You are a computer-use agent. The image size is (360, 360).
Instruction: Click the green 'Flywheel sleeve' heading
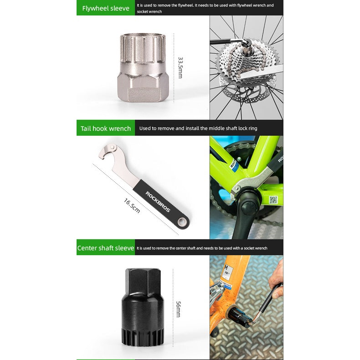106,9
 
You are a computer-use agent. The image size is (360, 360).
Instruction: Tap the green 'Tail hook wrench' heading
106,129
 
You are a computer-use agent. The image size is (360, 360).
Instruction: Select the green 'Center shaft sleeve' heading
106,248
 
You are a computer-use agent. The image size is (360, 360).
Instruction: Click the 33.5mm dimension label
181,68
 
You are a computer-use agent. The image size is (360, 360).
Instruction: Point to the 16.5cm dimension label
132,206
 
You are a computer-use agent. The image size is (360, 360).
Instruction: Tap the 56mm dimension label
178,309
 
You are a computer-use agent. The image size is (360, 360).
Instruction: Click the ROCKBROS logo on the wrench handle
158,202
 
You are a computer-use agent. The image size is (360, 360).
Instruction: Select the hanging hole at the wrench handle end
183,222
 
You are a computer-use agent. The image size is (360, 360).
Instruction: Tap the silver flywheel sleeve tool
143,68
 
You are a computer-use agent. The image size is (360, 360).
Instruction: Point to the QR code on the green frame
273,200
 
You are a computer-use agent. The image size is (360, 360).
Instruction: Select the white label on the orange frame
227,273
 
